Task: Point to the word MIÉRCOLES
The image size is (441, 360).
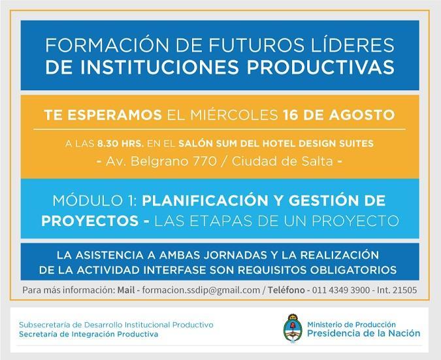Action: [234, 115]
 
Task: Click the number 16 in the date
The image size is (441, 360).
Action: [291, 115]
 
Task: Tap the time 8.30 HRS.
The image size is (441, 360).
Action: [120, 144]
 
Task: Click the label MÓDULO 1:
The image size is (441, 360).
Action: [95, 201]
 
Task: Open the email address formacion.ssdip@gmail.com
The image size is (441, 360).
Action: [201, 290]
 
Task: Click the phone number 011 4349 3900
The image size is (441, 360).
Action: [341, 290]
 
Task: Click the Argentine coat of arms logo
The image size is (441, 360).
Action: [293, 328]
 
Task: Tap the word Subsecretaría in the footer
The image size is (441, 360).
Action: [44, 325]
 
